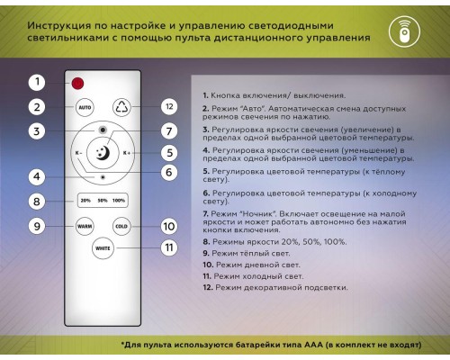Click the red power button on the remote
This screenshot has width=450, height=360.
(78, 84)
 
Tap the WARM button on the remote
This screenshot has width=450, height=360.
(85, 226)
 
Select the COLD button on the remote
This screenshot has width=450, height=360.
(122, 226)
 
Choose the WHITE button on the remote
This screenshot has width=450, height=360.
(103, 247)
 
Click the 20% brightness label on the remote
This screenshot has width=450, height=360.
(85, 200)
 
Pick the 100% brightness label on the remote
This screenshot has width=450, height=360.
(119, 200)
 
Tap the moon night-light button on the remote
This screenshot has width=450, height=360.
(103, 154)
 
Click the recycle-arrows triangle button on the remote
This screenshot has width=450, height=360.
(122, 107)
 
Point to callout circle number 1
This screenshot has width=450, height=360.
(36, 82)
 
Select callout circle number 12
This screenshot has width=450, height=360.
(168, 106)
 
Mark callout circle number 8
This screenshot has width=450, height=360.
(36, 202)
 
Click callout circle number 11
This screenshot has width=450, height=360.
(168, 247)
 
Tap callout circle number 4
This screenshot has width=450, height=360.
(36, 177)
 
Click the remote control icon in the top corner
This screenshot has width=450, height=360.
(404, 30)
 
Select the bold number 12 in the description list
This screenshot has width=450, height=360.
(207, 287)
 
